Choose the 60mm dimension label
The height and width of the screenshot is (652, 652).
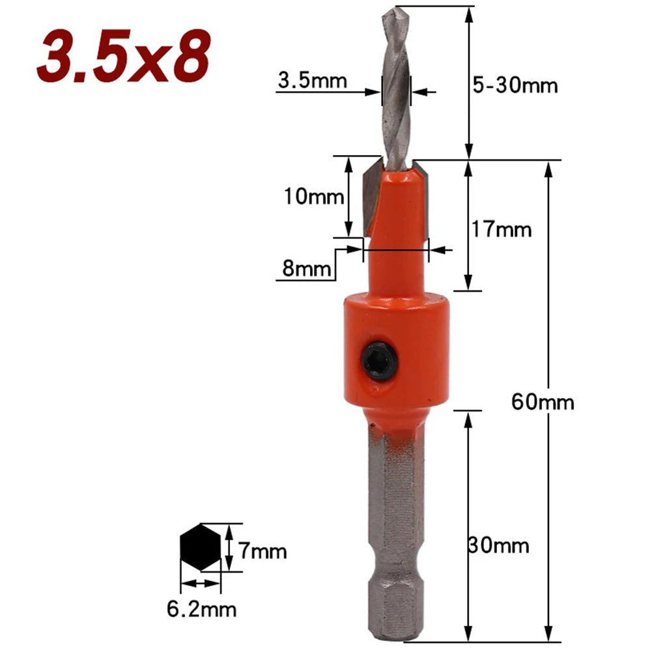[x=543, y=402]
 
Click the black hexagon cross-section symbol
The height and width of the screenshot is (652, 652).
[x=201, y=549]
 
